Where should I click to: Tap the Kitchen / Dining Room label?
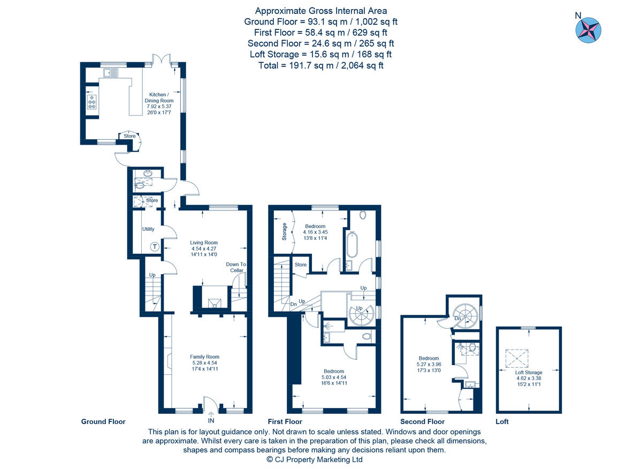[159, 101]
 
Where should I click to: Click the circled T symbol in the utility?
[155, 247]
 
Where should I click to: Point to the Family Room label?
[205, 363]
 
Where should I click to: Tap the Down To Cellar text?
[235, 267]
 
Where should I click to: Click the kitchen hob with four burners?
[91, 102]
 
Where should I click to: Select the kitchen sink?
[111, 72]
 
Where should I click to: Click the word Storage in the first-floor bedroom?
[284, 232]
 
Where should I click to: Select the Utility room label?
[148, 229]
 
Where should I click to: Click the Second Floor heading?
[422, 422]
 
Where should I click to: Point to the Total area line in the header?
[321, 65]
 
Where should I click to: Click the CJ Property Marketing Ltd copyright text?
[315, 459]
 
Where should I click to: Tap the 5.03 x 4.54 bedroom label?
[333, 377]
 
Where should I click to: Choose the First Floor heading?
[285, 422]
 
